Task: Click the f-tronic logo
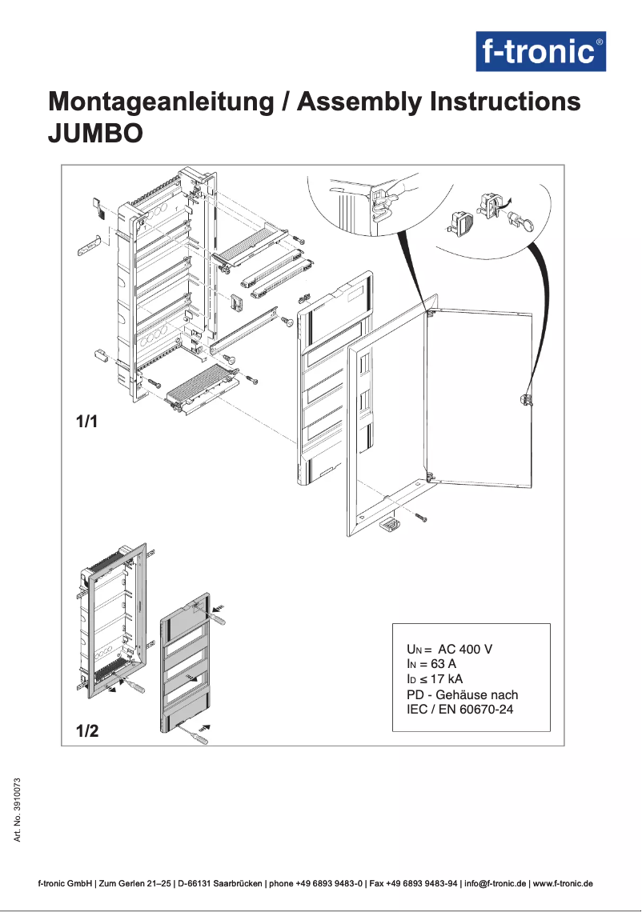pyautogui.click(x=541, y=52)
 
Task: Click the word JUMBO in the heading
pyautogui.click(x=96, y=133)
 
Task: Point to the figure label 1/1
pyautogui.click(x=86, y=422)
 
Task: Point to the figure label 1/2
pyautogui.click(x=87, y=730)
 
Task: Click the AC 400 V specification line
pyautogui.click(x=450, y=649)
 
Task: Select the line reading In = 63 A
pyautogui.click(x=431, y=664)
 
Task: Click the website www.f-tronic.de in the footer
pyautogui.click(x=563, y=884)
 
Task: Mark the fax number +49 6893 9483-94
pyautogui.click(x=423, y=884)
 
